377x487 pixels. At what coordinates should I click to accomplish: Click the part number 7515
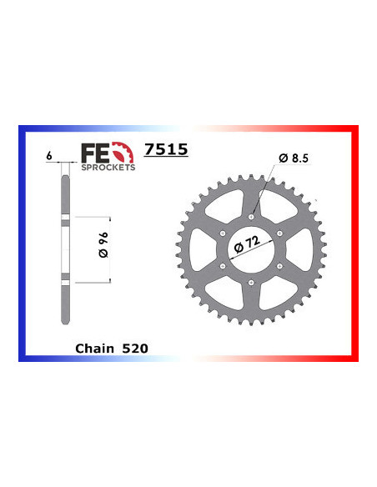pyautogui.click(x=166, y=150)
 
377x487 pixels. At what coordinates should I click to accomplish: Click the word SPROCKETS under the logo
pyautogui.click(x=106, y=167)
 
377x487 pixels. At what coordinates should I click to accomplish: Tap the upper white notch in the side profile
pyautogui.click(x=66, y=220)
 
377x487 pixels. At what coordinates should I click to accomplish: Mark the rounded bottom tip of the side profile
pyautogui.click(x=66, y=331)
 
